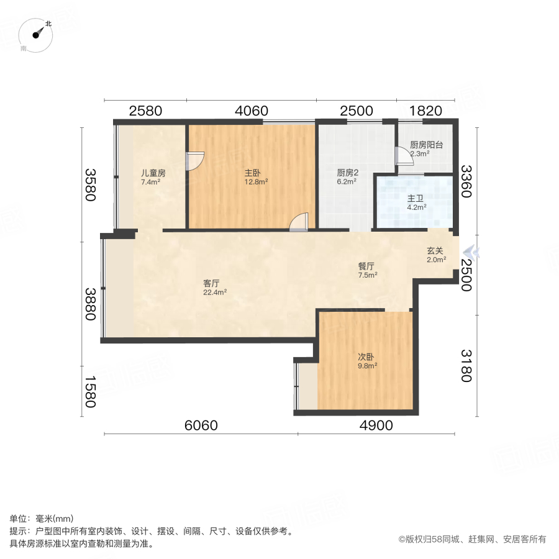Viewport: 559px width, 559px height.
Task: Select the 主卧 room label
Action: click(x=255, y=173)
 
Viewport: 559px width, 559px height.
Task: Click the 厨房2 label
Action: click(x=347, y=173)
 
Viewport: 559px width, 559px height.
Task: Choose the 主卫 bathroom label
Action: click(x=416, y=199)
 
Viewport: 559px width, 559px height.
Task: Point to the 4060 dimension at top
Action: click(x=251, y=111)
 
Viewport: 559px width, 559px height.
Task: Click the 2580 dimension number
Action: click(x=145, y=111)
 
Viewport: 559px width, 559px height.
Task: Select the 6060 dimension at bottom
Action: click(x=201, y=425)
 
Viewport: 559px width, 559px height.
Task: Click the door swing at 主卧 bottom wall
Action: click(x=299, y=222)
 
